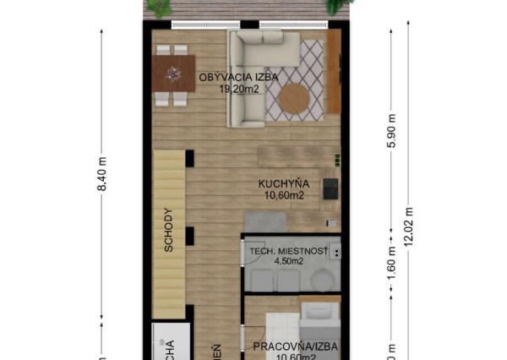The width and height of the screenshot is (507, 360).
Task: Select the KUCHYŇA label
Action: (x=284, y=183)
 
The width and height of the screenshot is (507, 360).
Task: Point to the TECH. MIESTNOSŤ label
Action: (x=286, y=251)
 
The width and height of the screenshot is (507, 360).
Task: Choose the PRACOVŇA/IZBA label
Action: (x=286, y=346)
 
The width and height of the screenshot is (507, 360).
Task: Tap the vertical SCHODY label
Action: (x=169, y=230)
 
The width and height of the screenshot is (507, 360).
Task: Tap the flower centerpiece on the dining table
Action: (x=173, y=74)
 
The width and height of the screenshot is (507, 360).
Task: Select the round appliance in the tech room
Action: (x=323, y=280)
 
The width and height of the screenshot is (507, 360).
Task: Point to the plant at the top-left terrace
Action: (x=158, y=8)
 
